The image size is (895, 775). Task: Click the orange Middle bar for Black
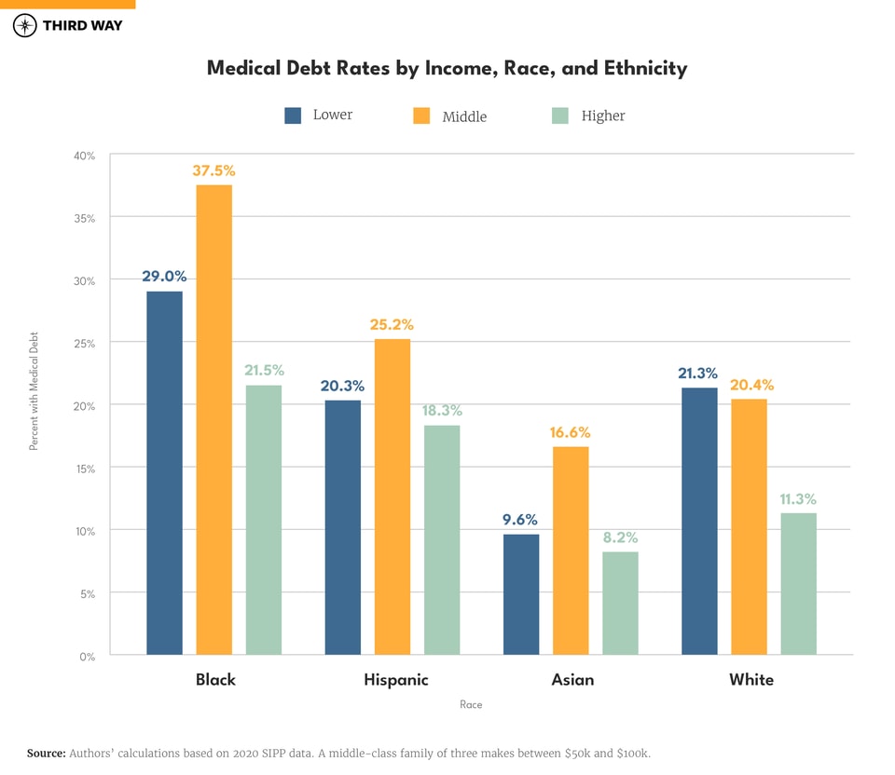[x=214, y=419]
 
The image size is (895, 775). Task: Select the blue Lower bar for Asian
[x=521, y=594]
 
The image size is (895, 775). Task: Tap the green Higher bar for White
[x=798, y=584]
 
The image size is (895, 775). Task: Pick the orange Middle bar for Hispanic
[x=392, y=496]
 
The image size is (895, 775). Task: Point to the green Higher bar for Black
[x=264, y=520]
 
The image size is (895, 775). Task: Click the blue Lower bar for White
[x=699, y=521]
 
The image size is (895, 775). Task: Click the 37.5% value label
[x=214, y=170]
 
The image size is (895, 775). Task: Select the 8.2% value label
[x=620, y=537]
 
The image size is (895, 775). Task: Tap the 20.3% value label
[x=342, y=386]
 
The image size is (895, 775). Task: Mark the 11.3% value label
[x=798, y=499]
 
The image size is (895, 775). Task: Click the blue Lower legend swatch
[x=293, y=116]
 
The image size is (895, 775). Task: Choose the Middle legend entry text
[x=464, y=116]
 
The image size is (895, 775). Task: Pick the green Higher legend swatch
[x=559, y=116]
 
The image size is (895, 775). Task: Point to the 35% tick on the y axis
[x=86, y=219]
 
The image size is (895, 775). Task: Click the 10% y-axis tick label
[x=86, y=531]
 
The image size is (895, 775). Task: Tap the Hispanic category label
[x=396, y=680]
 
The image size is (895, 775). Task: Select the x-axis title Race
[x=471, y=705]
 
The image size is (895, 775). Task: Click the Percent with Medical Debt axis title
[x=34, y=391]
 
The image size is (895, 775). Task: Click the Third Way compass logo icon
[x=25, y=25]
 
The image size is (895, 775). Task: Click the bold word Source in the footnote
[x=46, y=753]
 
